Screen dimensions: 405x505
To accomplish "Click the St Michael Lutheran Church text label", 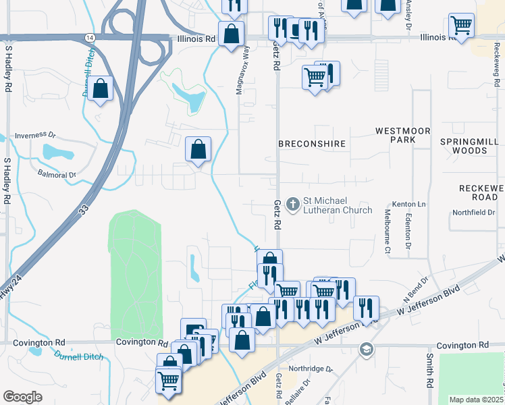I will click(337, 205).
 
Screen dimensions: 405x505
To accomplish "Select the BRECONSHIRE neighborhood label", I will click(312, 144).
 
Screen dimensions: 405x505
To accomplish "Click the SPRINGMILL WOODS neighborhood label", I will click(468, 146).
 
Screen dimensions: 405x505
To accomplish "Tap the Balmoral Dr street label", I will click(52, 174).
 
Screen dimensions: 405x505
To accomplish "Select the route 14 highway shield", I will click(90, 38).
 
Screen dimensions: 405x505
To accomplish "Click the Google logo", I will click(22, 396).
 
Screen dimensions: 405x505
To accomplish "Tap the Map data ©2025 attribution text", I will click(475, 400).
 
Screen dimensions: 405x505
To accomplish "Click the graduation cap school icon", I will click(366, 349).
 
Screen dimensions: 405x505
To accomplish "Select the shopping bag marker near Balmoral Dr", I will click(198, 150).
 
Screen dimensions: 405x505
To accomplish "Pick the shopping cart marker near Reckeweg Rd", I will click(461, 27).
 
